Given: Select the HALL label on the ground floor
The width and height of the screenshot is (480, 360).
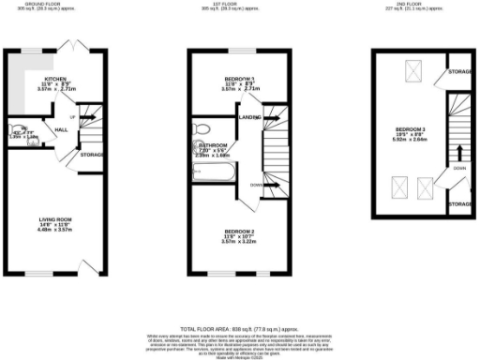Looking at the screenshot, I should [60, 130].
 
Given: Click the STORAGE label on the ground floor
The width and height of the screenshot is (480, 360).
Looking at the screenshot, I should [91, 155].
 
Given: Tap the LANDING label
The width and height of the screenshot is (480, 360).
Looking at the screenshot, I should [248, 117].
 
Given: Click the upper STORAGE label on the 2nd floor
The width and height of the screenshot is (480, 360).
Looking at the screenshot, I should [459, 72].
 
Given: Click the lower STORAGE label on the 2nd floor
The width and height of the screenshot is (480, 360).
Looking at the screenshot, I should [459, 203].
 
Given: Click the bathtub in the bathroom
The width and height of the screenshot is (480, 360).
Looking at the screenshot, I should [207, 172].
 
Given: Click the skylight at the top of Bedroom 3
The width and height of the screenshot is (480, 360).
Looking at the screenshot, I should [411, 69].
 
